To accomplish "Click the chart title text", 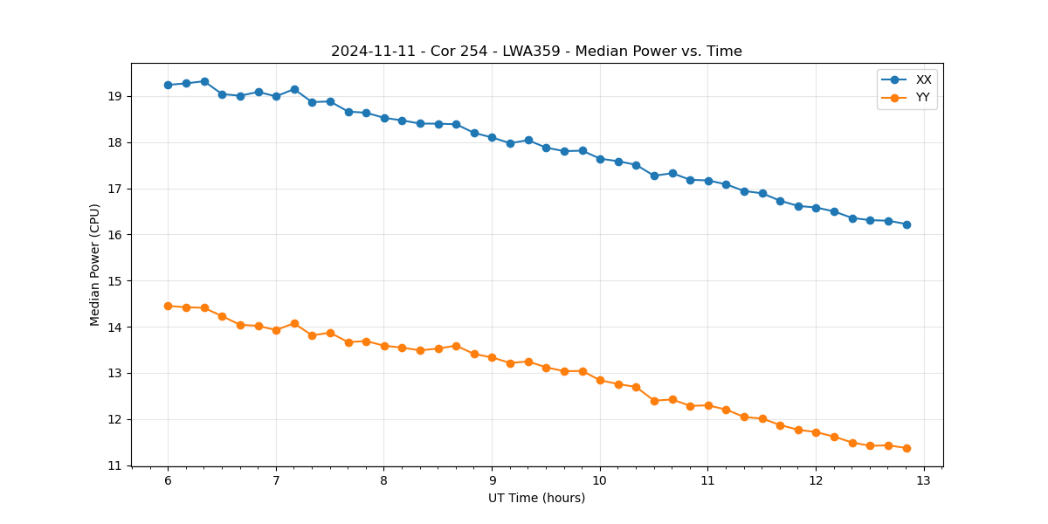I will [536, 52].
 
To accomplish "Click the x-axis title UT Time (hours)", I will [536, 498].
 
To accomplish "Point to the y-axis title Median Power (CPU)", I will [95, 265].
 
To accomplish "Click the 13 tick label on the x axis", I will [924, 480].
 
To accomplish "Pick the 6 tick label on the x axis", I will [168, 480].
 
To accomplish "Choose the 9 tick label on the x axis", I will [492, 480].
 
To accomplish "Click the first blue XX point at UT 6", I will [168, 85].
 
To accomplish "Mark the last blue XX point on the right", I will [907, 224].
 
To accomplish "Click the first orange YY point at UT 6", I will [168, 306].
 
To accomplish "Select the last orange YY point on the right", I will [907, 448].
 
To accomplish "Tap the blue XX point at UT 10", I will [600, 159].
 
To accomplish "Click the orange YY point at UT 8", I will [384, 346].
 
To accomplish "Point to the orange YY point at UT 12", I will [816, 432].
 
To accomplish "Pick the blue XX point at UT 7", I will [276, 96].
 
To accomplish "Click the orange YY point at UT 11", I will [708, 405].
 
